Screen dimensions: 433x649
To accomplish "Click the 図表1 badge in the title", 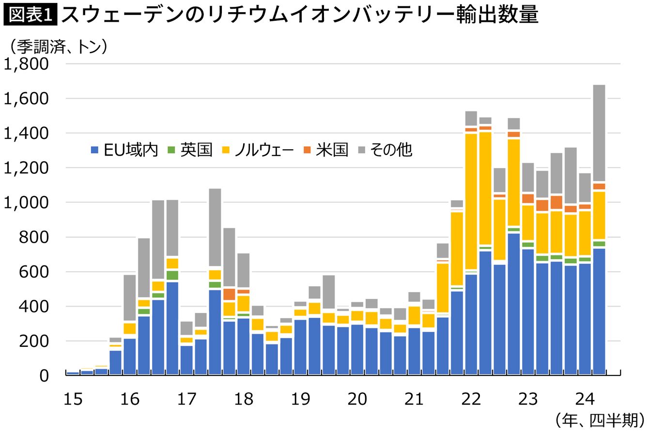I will click(x=30, y=15).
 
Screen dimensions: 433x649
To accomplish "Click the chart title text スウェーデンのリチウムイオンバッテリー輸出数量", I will click(x=300, y=15).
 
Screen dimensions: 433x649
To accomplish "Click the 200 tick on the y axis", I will click(x=36, y=341).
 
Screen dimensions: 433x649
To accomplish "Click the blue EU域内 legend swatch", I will click(x=95, y=150).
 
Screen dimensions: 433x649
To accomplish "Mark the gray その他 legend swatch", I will click(x=361, y=150).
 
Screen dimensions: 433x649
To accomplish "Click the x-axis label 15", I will click(x=73, y=399).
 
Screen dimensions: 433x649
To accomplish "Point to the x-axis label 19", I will click(x=300, y=399).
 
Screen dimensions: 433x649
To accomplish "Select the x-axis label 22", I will click(x=471, y=399).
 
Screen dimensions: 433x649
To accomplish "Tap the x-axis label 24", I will click(x=585, y=399).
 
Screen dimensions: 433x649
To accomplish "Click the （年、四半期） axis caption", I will click(x=600, y=419).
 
